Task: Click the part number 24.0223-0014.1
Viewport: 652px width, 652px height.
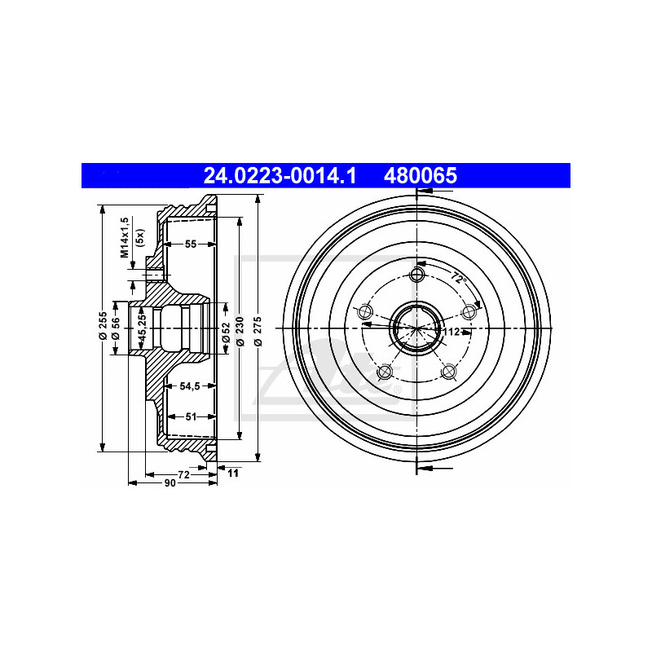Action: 280,175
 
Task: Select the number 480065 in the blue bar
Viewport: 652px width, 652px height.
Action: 420,175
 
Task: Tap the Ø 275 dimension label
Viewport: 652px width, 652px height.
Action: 258,331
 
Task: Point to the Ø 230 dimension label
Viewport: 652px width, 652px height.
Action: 240,331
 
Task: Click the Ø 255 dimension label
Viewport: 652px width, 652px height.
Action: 103,325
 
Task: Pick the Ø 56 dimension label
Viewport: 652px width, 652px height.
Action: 116,328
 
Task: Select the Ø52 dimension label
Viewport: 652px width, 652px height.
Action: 226,332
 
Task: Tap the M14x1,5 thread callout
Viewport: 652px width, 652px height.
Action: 125,237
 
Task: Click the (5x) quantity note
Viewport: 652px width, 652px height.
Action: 140,238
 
